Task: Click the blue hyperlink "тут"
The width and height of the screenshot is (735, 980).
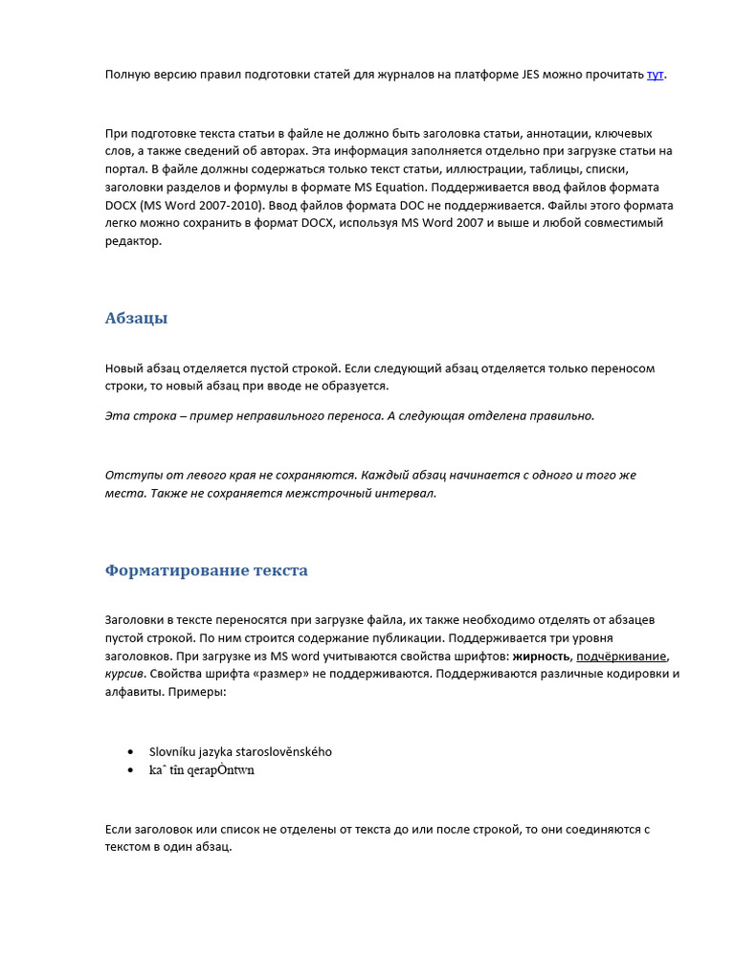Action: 655,75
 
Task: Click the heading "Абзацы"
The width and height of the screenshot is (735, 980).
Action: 136,319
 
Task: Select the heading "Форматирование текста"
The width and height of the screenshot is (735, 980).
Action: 206,571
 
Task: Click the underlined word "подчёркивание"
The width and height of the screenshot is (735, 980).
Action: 621,656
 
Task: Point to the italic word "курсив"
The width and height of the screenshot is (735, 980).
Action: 123,674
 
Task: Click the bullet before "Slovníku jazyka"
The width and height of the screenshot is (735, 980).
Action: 130,752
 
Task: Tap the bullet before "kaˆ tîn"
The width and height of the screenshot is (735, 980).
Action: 130,770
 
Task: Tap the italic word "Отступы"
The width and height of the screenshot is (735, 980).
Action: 129,476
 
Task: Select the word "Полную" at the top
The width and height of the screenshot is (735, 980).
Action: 127,75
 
